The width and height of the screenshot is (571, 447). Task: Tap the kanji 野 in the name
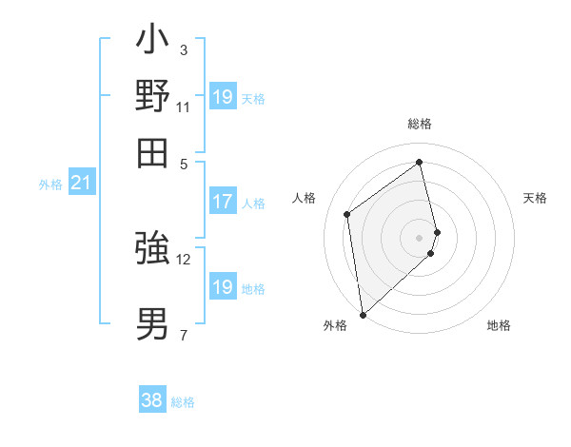pyautogui.click(x=152, y=96)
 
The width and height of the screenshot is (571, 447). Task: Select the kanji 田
pyautogui.click(x=152, y=152)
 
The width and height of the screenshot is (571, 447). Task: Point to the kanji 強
pyautogui.click(x=152, y=248)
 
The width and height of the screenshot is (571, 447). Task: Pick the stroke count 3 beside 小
pyautogui.click(x=184, y=50)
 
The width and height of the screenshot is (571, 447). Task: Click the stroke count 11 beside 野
pyautogui.click(x=184, y=107)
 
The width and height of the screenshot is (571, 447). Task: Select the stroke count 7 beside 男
pyautogui.click(x=184, y=334)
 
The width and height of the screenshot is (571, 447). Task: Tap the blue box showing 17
pyautogui.click(x=222, y=202)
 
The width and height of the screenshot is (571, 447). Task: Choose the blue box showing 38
pyautogui.click(x=152, y=400)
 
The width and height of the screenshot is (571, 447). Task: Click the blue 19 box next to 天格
pyautogui.click(x=222, y=97)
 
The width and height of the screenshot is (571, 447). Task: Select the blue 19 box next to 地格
pyautogui.click(x=222, y=287)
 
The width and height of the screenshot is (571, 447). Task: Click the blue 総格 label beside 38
pyautogui.click(x=184, y=402)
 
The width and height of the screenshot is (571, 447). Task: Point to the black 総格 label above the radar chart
pyautogui.click(x=420, y=125)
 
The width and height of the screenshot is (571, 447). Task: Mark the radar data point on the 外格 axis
pyautogui.click(x=363, y=314)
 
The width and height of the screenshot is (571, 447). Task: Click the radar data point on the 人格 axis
pyautogui.click(x=347, y=214)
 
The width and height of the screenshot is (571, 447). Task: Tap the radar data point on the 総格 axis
pyautogui.click(x=420, y=162)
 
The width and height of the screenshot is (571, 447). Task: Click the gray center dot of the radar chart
pyautogui.click(x=420, y=237)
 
